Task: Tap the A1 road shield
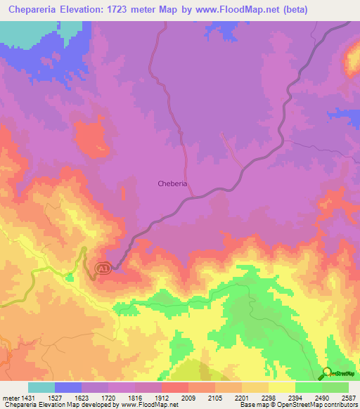[103, 268]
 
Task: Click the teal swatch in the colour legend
[41, 387]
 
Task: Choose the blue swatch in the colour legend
[68, 387]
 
